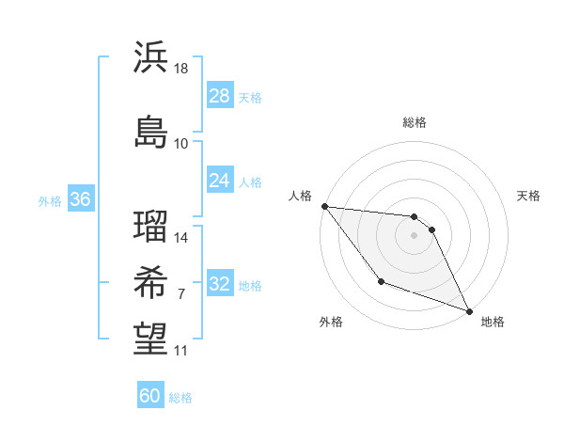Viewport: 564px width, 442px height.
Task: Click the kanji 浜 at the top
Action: coord(150,57)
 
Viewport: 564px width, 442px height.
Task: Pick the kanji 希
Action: coord(150,281)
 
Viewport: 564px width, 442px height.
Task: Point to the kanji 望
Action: coord(150,339)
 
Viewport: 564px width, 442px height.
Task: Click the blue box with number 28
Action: coord(219,96)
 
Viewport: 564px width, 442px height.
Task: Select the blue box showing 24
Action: coord(219,181)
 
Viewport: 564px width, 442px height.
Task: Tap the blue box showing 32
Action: coord(219,285)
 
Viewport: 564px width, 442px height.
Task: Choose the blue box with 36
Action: coord(80,199)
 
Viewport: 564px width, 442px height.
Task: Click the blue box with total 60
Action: coord(150,396)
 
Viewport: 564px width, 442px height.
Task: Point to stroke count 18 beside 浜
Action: coord(182,69)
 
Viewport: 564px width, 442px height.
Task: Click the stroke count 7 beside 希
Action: coord(180,294)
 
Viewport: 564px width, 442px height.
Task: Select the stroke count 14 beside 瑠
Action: coord(181,238)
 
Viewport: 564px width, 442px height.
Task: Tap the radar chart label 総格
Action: coord(415,122)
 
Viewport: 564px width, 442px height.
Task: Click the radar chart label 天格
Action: coord(528,196)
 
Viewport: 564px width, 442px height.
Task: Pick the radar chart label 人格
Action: coord(300,196)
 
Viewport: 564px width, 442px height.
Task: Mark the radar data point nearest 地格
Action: coord(470,311)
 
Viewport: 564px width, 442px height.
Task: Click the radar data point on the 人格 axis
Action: coord(324,206)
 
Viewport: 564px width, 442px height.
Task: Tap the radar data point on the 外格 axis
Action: coord(381,281)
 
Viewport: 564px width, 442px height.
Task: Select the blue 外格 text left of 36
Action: coord(50,200)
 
